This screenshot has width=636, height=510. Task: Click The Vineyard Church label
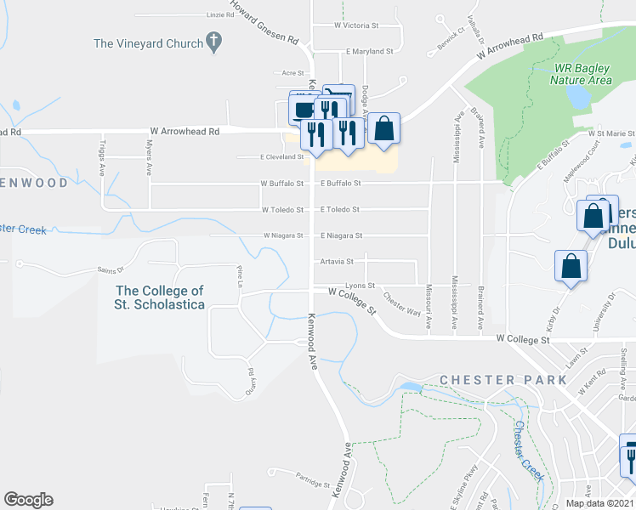149,43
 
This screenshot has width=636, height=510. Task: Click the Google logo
28,500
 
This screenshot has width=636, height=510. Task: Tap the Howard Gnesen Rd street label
264,27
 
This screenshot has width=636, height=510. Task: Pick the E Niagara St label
342,235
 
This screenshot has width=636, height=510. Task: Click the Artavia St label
337,262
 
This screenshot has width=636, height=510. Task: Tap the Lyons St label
360,286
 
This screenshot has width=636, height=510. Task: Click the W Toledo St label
282,209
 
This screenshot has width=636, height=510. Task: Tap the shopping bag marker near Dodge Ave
384,129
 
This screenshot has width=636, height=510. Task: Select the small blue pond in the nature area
579,97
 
